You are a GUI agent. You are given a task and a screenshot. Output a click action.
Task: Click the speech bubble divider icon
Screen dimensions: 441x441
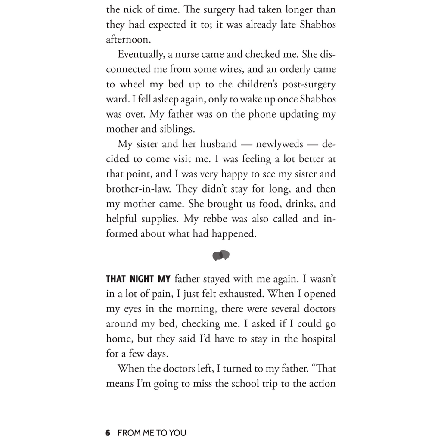[x=221, y=255]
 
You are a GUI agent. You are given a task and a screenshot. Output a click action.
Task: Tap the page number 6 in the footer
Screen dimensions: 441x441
[x=108, y=432]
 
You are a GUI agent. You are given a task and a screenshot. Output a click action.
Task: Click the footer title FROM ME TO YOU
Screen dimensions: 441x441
[x=152, y=432]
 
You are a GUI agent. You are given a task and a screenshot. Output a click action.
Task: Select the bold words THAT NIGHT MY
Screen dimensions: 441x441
[x=138, y=279]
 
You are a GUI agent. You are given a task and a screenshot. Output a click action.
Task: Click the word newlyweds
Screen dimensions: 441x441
[x=280, y=144]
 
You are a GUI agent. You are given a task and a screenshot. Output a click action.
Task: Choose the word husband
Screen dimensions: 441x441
[x=215, y=144]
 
